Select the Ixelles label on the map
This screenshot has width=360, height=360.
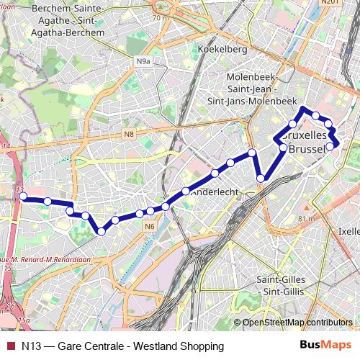(349, 232)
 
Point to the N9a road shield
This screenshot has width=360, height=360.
(143, 62)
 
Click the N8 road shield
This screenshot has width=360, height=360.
(128, 133)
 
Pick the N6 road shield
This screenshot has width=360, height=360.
(149, 228)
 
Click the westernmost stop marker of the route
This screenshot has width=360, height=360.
(22, 196)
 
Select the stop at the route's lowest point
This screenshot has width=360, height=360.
(101, 231)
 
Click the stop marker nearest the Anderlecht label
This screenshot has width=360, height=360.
(186, 191)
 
